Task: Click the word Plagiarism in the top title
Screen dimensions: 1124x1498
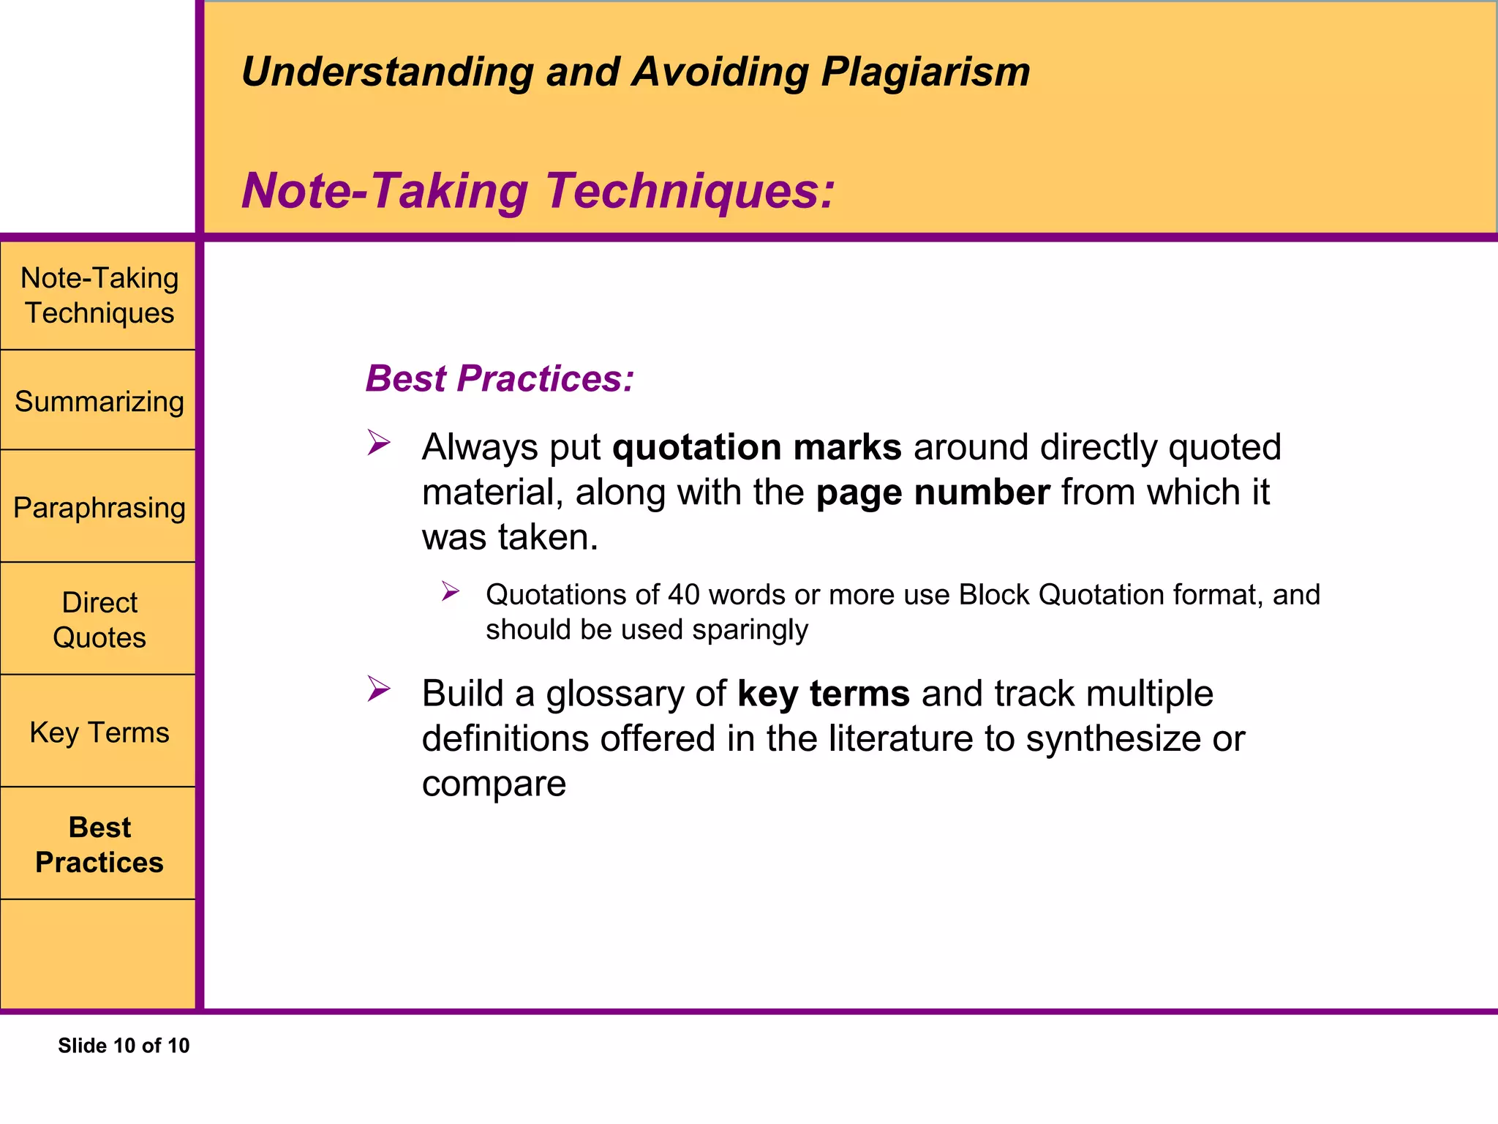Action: click(925, 73)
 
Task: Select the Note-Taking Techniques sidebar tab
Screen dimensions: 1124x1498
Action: click(99, 296)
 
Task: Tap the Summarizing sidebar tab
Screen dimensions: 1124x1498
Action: click(99, 402)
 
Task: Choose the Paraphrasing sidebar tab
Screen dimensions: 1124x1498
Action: click(99, 508)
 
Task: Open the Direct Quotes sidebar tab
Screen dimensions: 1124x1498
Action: click(99, 620)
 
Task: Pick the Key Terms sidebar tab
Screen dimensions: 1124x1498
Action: click(99, 733)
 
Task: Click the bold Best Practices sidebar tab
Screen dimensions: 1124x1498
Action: click(99, 844)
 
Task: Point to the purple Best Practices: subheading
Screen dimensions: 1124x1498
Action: click(500, 379)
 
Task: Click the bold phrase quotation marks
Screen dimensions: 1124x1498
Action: click(756, 447)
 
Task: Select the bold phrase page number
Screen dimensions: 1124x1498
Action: click(933, 492)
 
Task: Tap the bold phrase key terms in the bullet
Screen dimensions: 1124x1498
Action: click(824, 694)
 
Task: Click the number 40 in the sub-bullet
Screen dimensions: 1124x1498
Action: click(684, 595)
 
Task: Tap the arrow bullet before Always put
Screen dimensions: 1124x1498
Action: click(378, 443)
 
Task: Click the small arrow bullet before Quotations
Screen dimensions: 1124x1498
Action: click(450, 591)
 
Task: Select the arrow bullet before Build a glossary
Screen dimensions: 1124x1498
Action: click(378, 689)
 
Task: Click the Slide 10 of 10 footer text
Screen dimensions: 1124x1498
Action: click(124, 1046)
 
